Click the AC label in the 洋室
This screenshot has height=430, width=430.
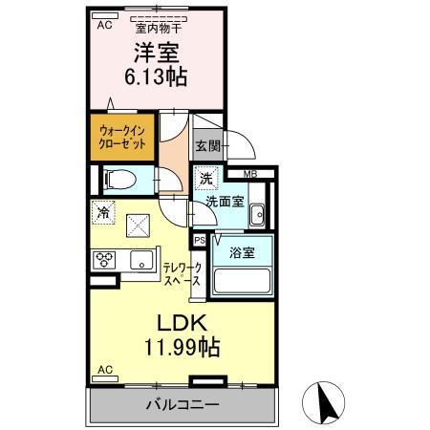click(103, 26)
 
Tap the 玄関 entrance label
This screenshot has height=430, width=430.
click(208, 146)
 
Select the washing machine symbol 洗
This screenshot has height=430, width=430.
click(207, 179)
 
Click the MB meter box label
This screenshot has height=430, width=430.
click(248, 174)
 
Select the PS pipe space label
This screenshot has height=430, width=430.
click(200, 241)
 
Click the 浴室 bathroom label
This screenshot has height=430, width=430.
click(241, 254)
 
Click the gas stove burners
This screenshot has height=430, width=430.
click(104, 259)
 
